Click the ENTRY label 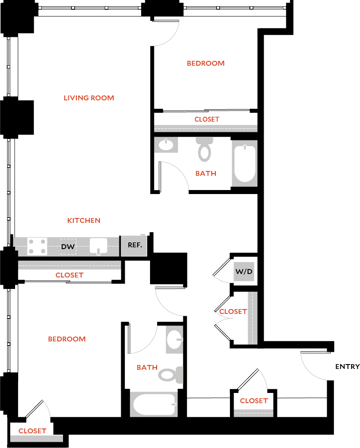(347, 366)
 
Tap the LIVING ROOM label (89, 98)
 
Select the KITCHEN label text (84, 220)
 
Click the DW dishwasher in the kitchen (68, 246)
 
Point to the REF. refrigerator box (134, 245)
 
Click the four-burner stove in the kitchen (38, 246)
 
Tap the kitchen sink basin (98, 246)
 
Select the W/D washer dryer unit (244, 271)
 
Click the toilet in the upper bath (205, 149)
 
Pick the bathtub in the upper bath (245, 163)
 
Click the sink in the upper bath (166, 145)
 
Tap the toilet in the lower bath (171, 374)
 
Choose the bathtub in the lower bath (153, 404)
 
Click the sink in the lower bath (174, 339)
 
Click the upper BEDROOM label (206, 63)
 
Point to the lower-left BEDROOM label (67, 339)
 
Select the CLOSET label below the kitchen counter (69, 275)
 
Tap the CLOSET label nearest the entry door (253, 400)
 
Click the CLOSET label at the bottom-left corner (32, 431)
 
